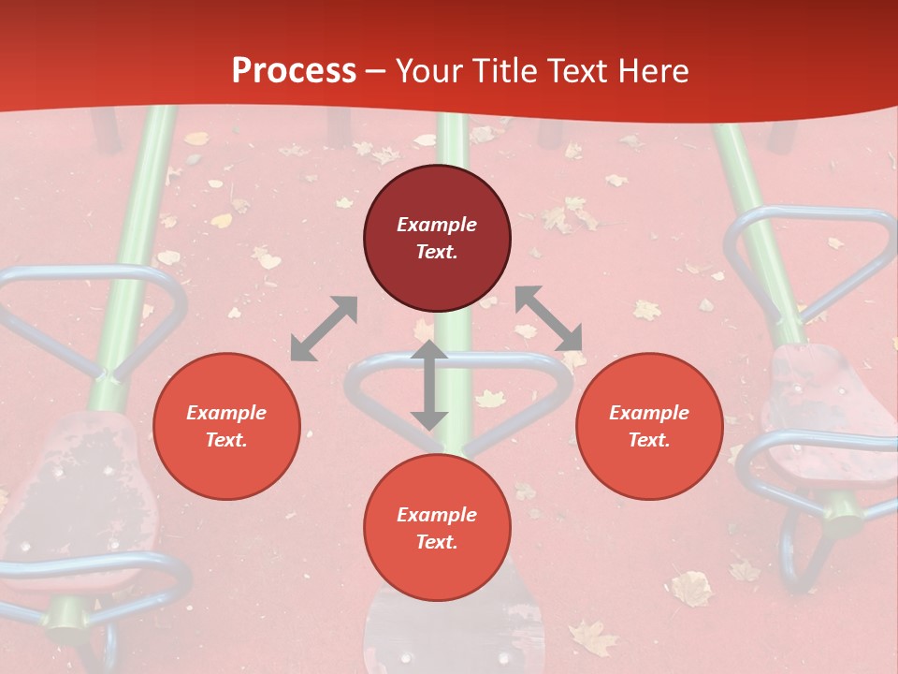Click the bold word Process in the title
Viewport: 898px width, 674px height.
294,71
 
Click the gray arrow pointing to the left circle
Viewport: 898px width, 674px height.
324,329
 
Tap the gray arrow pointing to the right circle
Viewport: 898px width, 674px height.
549,319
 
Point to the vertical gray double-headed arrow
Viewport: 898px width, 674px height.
429,385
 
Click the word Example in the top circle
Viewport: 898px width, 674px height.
437,225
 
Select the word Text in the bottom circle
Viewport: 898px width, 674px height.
437,542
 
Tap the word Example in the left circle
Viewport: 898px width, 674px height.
226,413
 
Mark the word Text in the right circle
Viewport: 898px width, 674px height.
649,440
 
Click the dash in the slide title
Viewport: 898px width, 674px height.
376,71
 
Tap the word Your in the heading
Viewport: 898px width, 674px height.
430,71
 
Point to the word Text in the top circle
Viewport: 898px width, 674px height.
437,252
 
